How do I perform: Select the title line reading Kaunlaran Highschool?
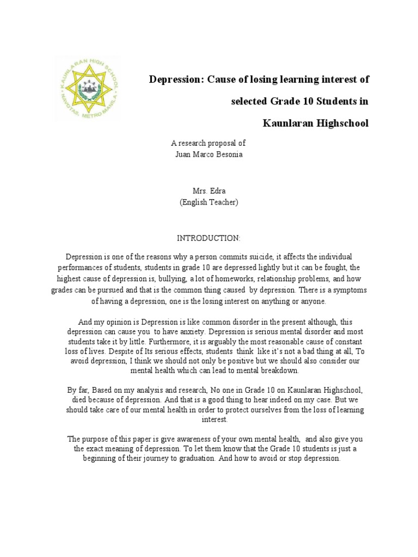coord(316,123)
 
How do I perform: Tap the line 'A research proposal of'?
coord(208,144)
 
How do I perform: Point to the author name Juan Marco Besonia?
coord(208,153)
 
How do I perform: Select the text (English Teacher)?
coord(208,202)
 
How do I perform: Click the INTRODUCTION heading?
coord(208,238)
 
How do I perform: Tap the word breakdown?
coord(281,371)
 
